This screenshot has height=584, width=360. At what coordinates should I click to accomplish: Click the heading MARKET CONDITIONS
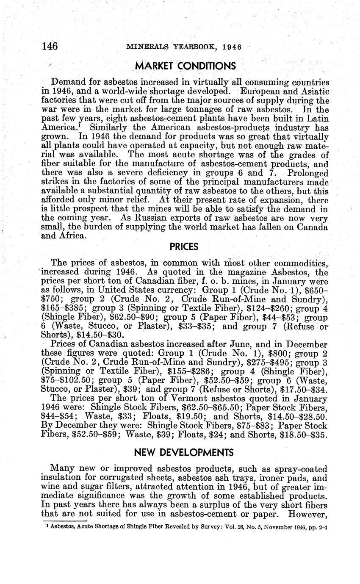(x=185, y=66)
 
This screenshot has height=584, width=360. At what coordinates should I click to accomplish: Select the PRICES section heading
(x=184, y=246)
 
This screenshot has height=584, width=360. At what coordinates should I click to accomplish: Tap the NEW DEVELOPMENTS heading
(x=184, y=452)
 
